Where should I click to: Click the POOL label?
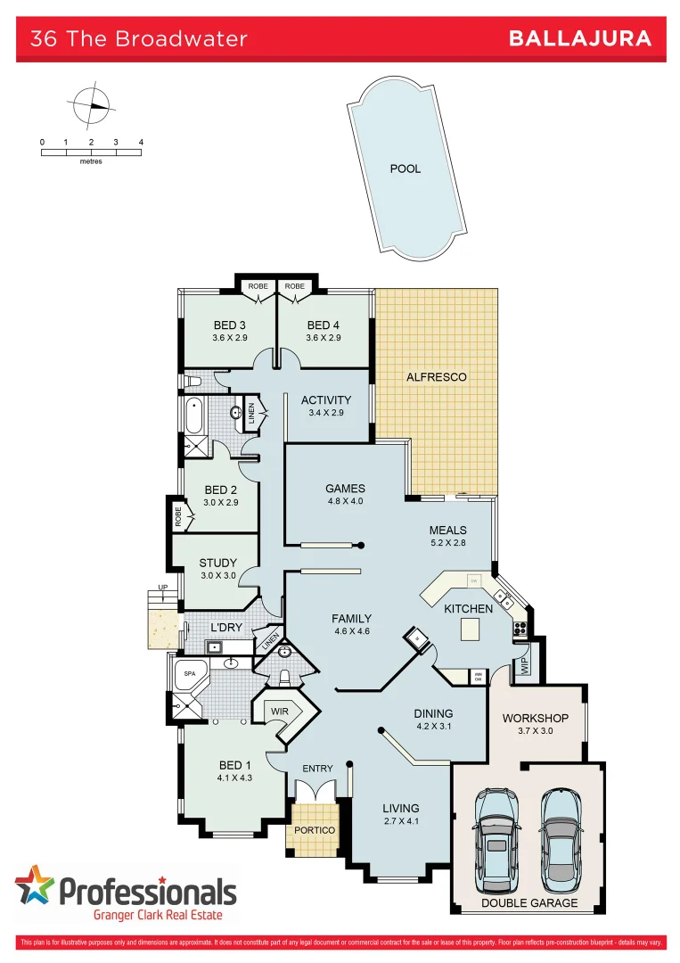pyautogui.click(x=406, y=169)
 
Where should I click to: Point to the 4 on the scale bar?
pyautogui.click(x=141, y=143)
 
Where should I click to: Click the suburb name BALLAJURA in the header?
pyautogui.click(x=579, y=38)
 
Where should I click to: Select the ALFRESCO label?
pyautogui.click(x=437, y=377)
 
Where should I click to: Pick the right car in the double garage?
pyautogui.click(x=560, y=835)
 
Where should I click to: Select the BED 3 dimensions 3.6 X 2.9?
pyautogui.click(x=229, y=339)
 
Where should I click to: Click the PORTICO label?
pyautogui.click(x=315, y=830)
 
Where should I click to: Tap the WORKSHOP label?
pyautogui.click(x=535, y=718)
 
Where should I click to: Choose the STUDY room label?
pyautogui.click(x=218, y=563)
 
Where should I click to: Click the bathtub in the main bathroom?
pyautogui.click(x=193, y=415)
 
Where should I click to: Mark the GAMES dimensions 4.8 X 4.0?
pyautogui.click(x=345, y=501)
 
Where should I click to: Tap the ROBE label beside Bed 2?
pyautogui.click(x=178, y=517)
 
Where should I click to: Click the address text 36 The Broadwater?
pyautogui.click(x=138, y=39)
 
